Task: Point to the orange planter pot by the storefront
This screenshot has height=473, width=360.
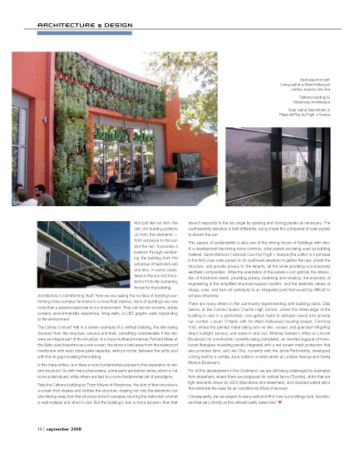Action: point(170,176)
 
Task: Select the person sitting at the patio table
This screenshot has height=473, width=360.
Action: point(112,181)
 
